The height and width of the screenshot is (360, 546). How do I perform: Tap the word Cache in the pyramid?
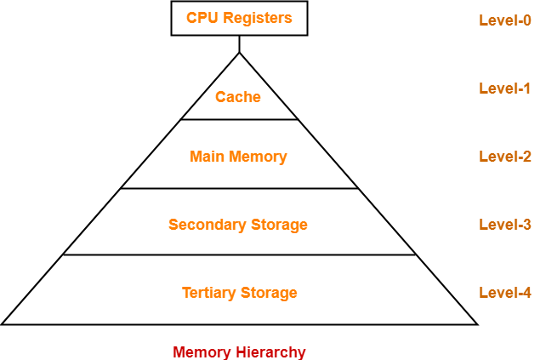[x=238, y=97]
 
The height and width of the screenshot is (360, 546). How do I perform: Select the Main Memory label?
[x=238, y=157]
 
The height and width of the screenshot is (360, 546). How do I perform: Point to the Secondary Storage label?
[x=238, y=225]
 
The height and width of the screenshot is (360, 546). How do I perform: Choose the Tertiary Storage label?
[x=239, y=293]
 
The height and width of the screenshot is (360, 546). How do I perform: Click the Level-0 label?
[x=505, y=20]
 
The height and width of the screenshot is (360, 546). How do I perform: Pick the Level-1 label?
[x=505, y=88]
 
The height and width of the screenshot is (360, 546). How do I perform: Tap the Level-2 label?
[x=505, y=156]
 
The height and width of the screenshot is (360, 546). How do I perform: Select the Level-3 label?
[x=505, y=224]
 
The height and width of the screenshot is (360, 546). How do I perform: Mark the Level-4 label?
[x=505, y=292]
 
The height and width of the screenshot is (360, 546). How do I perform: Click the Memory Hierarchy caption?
[x=239, y=351]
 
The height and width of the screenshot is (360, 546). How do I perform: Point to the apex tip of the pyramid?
[x=239, y=55]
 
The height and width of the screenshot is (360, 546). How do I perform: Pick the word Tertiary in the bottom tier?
[x=209, y=293]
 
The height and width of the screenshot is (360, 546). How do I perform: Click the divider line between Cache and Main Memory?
[x=239, y=119]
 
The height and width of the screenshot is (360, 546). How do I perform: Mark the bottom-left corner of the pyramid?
[x=5, y=323]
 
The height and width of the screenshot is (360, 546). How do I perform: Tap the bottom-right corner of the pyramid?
[x=473, y=323]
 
